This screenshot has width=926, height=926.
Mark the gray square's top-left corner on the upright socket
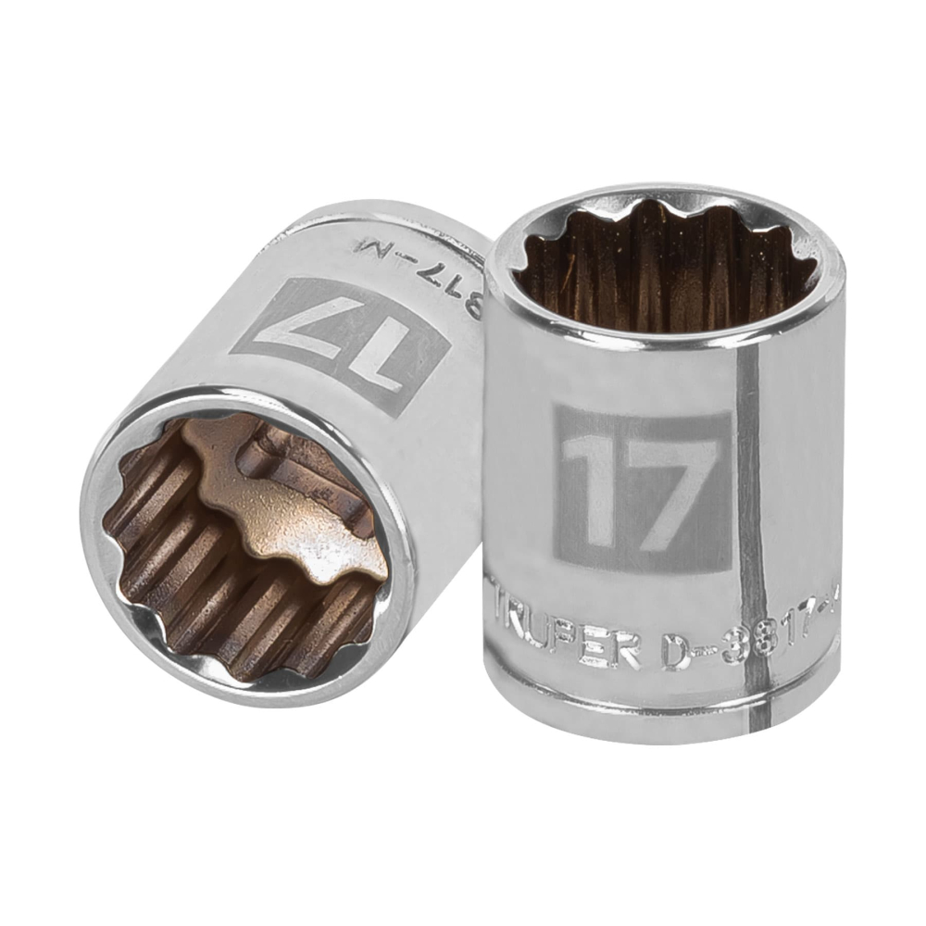click(x=556, y=407)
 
